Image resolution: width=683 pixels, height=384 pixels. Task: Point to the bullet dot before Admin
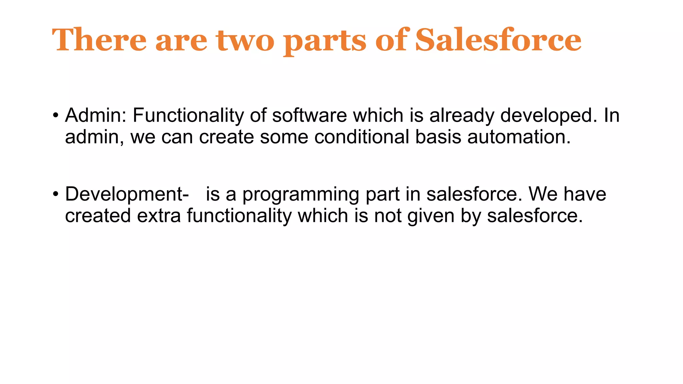[56, 116]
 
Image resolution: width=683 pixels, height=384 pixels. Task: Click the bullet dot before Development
[56, 194]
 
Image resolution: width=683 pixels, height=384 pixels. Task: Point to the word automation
[519, 137]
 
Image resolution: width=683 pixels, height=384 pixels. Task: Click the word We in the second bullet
[543, 194]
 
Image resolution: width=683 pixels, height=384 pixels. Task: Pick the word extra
[159, 216]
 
